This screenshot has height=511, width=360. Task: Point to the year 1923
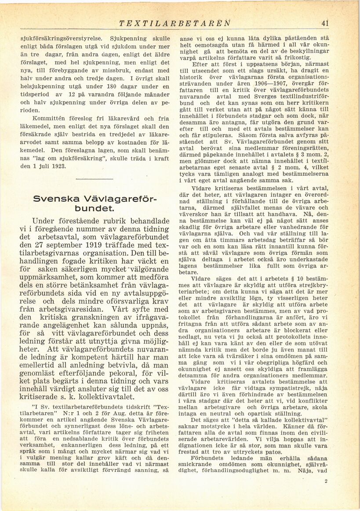[58, 167]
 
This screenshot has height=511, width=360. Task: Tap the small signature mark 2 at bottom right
[326, 481]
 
